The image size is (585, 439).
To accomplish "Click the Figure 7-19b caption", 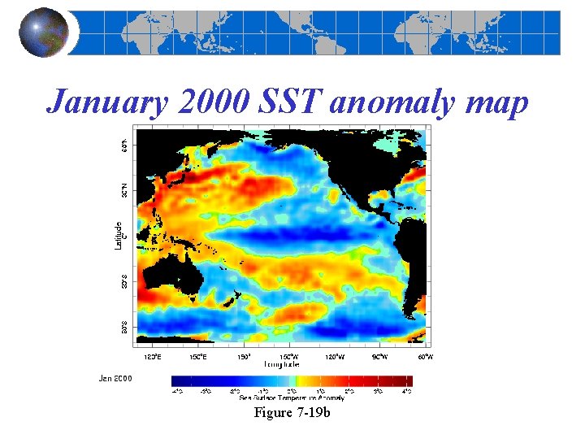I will tap(292, 413).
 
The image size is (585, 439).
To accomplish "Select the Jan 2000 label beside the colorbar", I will tap(116, 378).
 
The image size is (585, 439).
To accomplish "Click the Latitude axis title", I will tap(119, 236).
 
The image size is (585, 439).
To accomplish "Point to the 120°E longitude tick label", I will tap(152, 356).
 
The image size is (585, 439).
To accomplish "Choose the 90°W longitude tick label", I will tap(380, 356).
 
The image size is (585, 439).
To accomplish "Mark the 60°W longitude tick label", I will tap(425, 356).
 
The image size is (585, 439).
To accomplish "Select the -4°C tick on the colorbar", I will tap(177, 391).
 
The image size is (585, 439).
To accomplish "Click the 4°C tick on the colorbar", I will tap(407, 391).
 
